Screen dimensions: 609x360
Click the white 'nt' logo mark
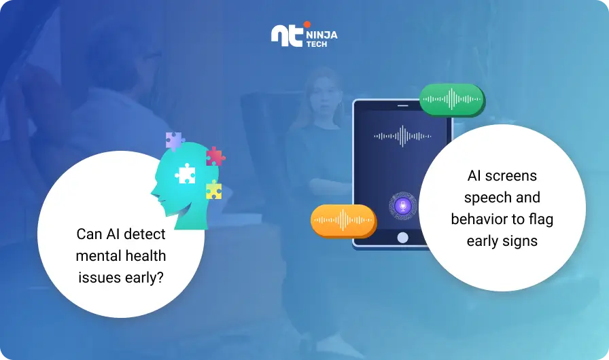pyautogui.click(x=287, y=36)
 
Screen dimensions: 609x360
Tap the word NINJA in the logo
pyautogui.click(x=321, y=35)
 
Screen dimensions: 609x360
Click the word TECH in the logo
pyautogui.click(x=317, y=44)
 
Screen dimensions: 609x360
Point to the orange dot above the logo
pyautogui.click(x=307, y=24)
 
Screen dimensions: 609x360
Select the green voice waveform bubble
pyautogui.click(x=452, y=99)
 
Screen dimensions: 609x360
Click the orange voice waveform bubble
pyautogui.click(x=343, y=220)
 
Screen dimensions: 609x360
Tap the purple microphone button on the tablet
pyautogui.click(x=403, y=206)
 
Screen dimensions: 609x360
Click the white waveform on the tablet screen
pyautogui.click(x=402, y=136)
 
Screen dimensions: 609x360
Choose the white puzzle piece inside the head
pyautogui.click(x=186, y=174)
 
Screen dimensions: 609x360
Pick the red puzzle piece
pyautogui.click(x=215, y=156)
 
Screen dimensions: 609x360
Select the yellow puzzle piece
pyautogui.click(x=213, y=190)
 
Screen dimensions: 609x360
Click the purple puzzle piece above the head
pyautogui.click(x=175, y=141)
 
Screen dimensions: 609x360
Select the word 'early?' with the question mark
pyautogui.click(x=144, y=278)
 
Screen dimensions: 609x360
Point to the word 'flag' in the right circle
pyautogui.click(x=540, y=219)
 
